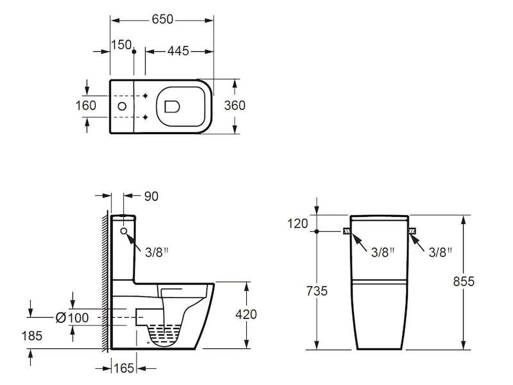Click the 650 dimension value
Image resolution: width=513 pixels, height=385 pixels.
(x=162, y=19)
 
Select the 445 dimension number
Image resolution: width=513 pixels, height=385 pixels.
(x=178, y=51)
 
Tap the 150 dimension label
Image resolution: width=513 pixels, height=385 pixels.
(x=121, y=45)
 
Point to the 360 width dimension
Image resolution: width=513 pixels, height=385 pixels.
(x=235, y=105)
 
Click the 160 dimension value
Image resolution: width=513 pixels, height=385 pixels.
(x=86, y=105)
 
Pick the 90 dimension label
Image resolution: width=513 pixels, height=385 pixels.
(x=151, y=196)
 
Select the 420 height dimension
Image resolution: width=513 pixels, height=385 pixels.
(x=246, y=314)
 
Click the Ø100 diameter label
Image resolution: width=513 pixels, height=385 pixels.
(x=72, y=318)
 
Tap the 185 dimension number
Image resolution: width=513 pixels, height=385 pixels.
(x=31, y=336)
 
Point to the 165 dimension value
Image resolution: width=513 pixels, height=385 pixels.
(x=124, y=368)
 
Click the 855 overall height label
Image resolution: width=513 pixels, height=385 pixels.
(x=464, y=282)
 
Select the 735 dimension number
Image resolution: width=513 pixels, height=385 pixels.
(x=317, y=291)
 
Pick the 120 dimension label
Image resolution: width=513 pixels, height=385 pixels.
(x=298, y=223)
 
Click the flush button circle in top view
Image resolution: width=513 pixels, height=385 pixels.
(x=122, y=107)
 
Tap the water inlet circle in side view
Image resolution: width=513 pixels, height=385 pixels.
(x=124, y=231)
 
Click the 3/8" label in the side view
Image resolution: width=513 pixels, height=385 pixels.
(x=156, y=252)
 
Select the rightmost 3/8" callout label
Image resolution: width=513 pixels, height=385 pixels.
(x=441, y=252)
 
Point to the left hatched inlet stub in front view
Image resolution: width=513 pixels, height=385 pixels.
(x=346, y=232)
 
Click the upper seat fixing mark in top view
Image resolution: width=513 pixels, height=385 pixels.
(x=146, y=96)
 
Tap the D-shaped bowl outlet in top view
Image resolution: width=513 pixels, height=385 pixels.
(x=172, y=107)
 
